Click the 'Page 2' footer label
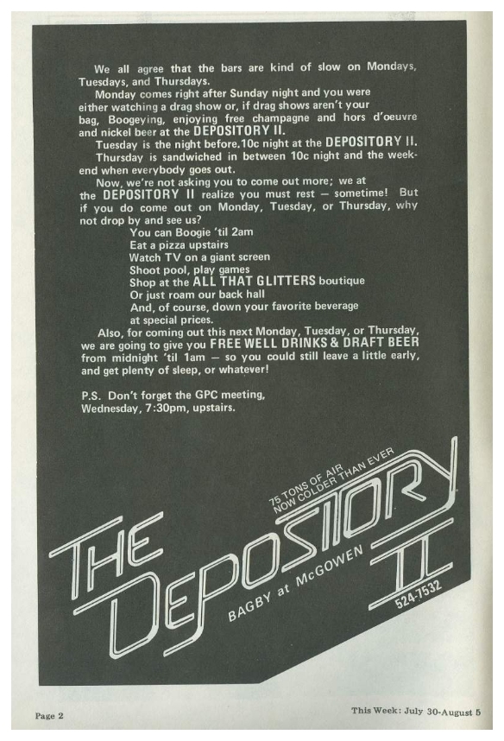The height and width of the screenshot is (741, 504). (x=49, y=715)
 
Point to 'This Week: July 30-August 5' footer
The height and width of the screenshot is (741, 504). (x=416, y=711)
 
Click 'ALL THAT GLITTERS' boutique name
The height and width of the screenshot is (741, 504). (x=254, y=282)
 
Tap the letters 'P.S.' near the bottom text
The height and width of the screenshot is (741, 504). (x=91, y=395)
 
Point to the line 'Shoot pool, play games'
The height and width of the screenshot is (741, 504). (x=189, y=269)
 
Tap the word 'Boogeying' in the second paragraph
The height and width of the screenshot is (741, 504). (x=135, y=119)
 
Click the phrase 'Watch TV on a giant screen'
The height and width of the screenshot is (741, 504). (x=200, y=257)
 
